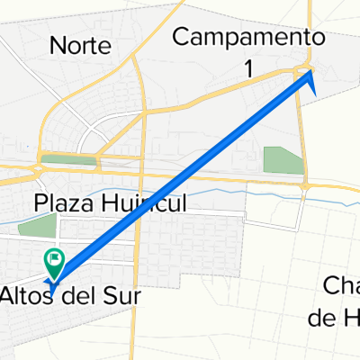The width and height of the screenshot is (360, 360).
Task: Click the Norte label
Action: coord(81,44)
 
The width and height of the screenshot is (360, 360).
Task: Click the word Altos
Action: coord(30,294)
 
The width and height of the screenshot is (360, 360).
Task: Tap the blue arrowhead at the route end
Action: coord(311,80)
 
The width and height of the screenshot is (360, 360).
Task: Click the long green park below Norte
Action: coord(68,160)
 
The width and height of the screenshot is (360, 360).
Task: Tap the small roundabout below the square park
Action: coord(306,185)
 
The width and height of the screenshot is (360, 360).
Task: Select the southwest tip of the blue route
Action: coord(52,290)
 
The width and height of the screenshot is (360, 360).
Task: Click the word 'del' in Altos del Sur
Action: coord(80,294)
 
